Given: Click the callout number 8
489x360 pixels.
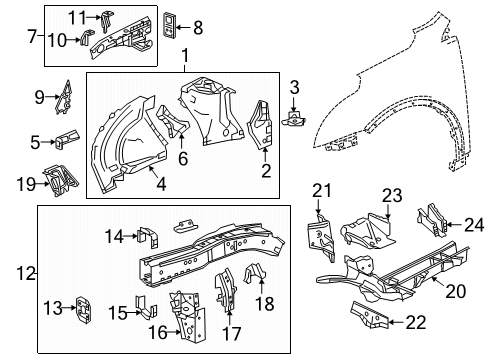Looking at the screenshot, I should coord(197,27).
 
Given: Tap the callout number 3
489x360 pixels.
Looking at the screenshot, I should coord(294,89).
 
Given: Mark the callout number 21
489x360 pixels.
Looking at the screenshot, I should coord(321,191).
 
